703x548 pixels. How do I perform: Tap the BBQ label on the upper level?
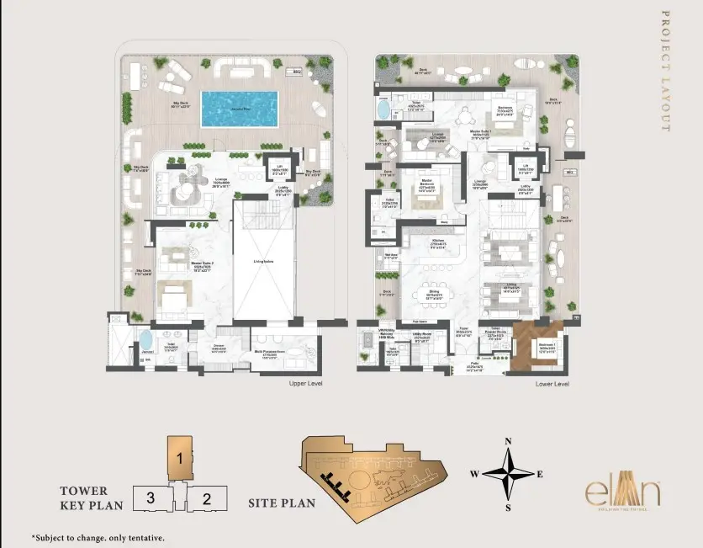click(x=297, y=73)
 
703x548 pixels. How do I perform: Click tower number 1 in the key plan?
click(x=179, y=459)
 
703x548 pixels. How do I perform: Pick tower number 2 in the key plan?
click(x=206, y=497)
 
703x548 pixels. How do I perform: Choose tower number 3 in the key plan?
click(x=150, y=497)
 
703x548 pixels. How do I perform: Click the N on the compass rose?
click(x=508, y=441)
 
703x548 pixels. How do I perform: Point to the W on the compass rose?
click(x=474, y=474)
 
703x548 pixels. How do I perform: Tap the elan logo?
click(x=624, y=492)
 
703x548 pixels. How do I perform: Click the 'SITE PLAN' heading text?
click(x=282, y=503)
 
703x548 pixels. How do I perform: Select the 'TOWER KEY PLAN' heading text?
click(x=92, y=497)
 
